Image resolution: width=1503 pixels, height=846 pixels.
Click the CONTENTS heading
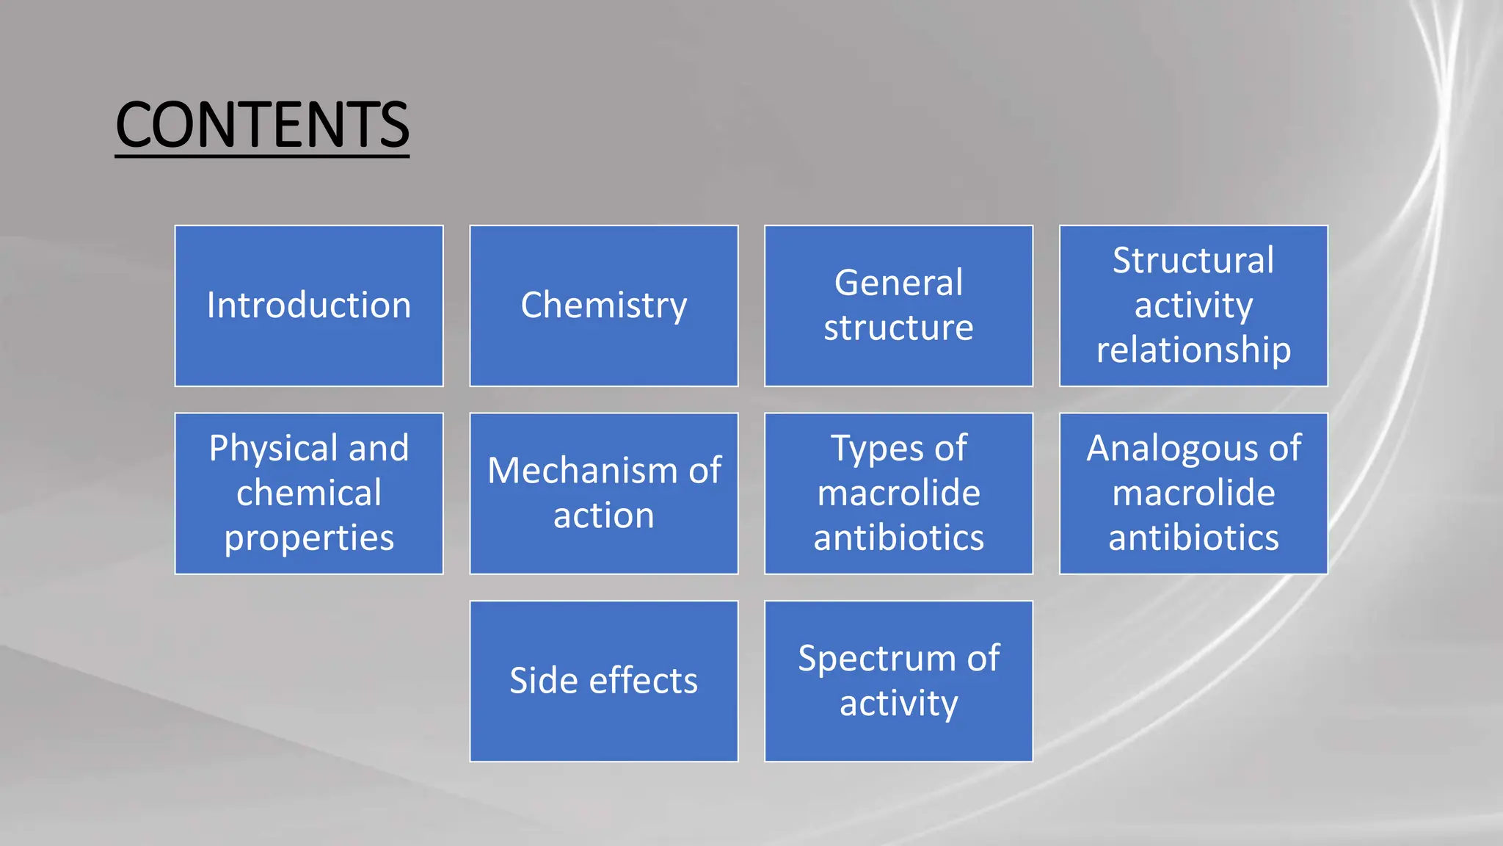pyautogui.click(x=262, y=125)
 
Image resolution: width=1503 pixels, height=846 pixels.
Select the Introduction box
pyautogui.click(x=309, y=305)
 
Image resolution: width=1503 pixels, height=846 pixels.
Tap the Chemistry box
pyautogui.click(x=603, y=305)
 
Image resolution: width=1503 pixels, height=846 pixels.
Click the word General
pyautogui.click(x=898, y=283)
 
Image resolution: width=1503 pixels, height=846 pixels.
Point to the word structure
pyautogui.click(x=898, y=328)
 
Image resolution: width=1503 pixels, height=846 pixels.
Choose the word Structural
pyautogui.click(x=1193, y=261)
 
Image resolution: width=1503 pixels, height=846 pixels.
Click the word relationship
pyautogui.click(x=1193, y=350)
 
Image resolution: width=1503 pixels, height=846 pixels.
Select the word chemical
pyautogui.click(x=309, y=493)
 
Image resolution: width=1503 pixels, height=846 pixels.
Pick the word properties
pyautogui.click(x=309, y=538)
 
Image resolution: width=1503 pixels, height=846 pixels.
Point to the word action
pyautogui.click(x=603, y=516)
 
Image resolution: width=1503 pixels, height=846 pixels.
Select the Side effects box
pyautogui.click(x=603, y=681)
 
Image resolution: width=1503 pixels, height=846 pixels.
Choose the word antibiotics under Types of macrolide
pyautogui.click(x=898, y=538)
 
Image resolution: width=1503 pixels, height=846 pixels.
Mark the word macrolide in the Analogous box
pyautogui.click(x=1193, y=493)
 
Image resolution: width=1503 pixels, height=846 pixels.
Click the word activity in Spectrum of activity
pyautogui.click(x=898, y=704)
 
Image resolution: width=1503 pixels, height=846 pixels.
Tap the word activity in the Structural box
pyautogui.click(x=1193, y=305)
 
